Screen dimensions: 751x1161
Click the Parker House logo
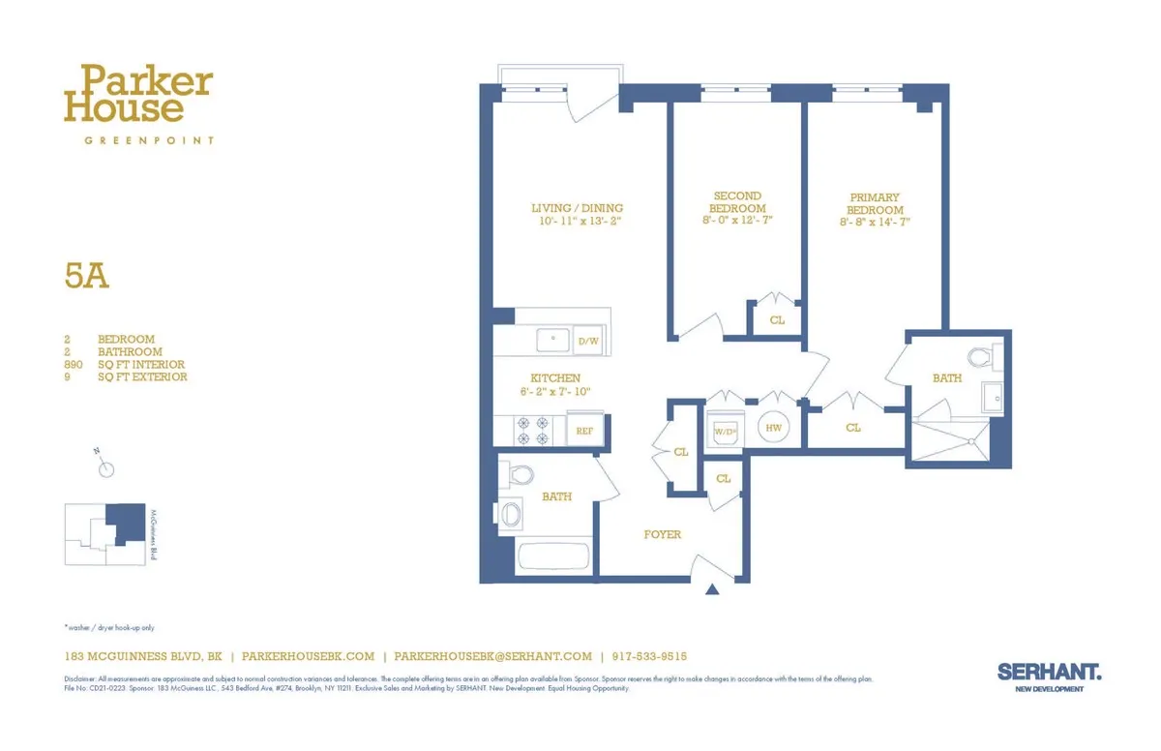tap(137, 95)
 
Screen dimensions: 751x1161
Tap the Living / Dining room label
tap(577, 208)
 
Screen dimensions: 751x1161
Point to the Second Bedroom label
tap(737, 201)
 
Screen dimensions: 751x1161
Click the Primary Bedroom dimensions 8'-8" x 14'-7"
tap(875, 223)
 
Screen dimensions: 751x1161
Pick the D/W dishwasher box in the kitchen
tap(587, 341)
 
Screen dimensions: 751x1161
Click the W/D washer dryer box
tap(726, 430)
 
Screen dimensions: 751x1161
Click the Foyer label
tap(663, 534)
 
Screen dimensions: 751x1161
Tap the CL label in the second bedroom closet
tap(777, 320)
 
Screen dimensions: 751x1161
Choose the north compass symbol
tap(106, 469)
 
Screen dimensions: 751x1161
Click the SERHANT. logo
tap(1049, 670)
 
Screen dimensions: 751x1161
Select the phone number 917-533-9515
tap(649, 656)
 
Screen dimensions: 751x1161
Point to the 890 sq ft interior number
tap(74, 365)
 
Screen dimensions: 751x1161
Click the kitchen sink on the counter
tap(554, 341)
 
